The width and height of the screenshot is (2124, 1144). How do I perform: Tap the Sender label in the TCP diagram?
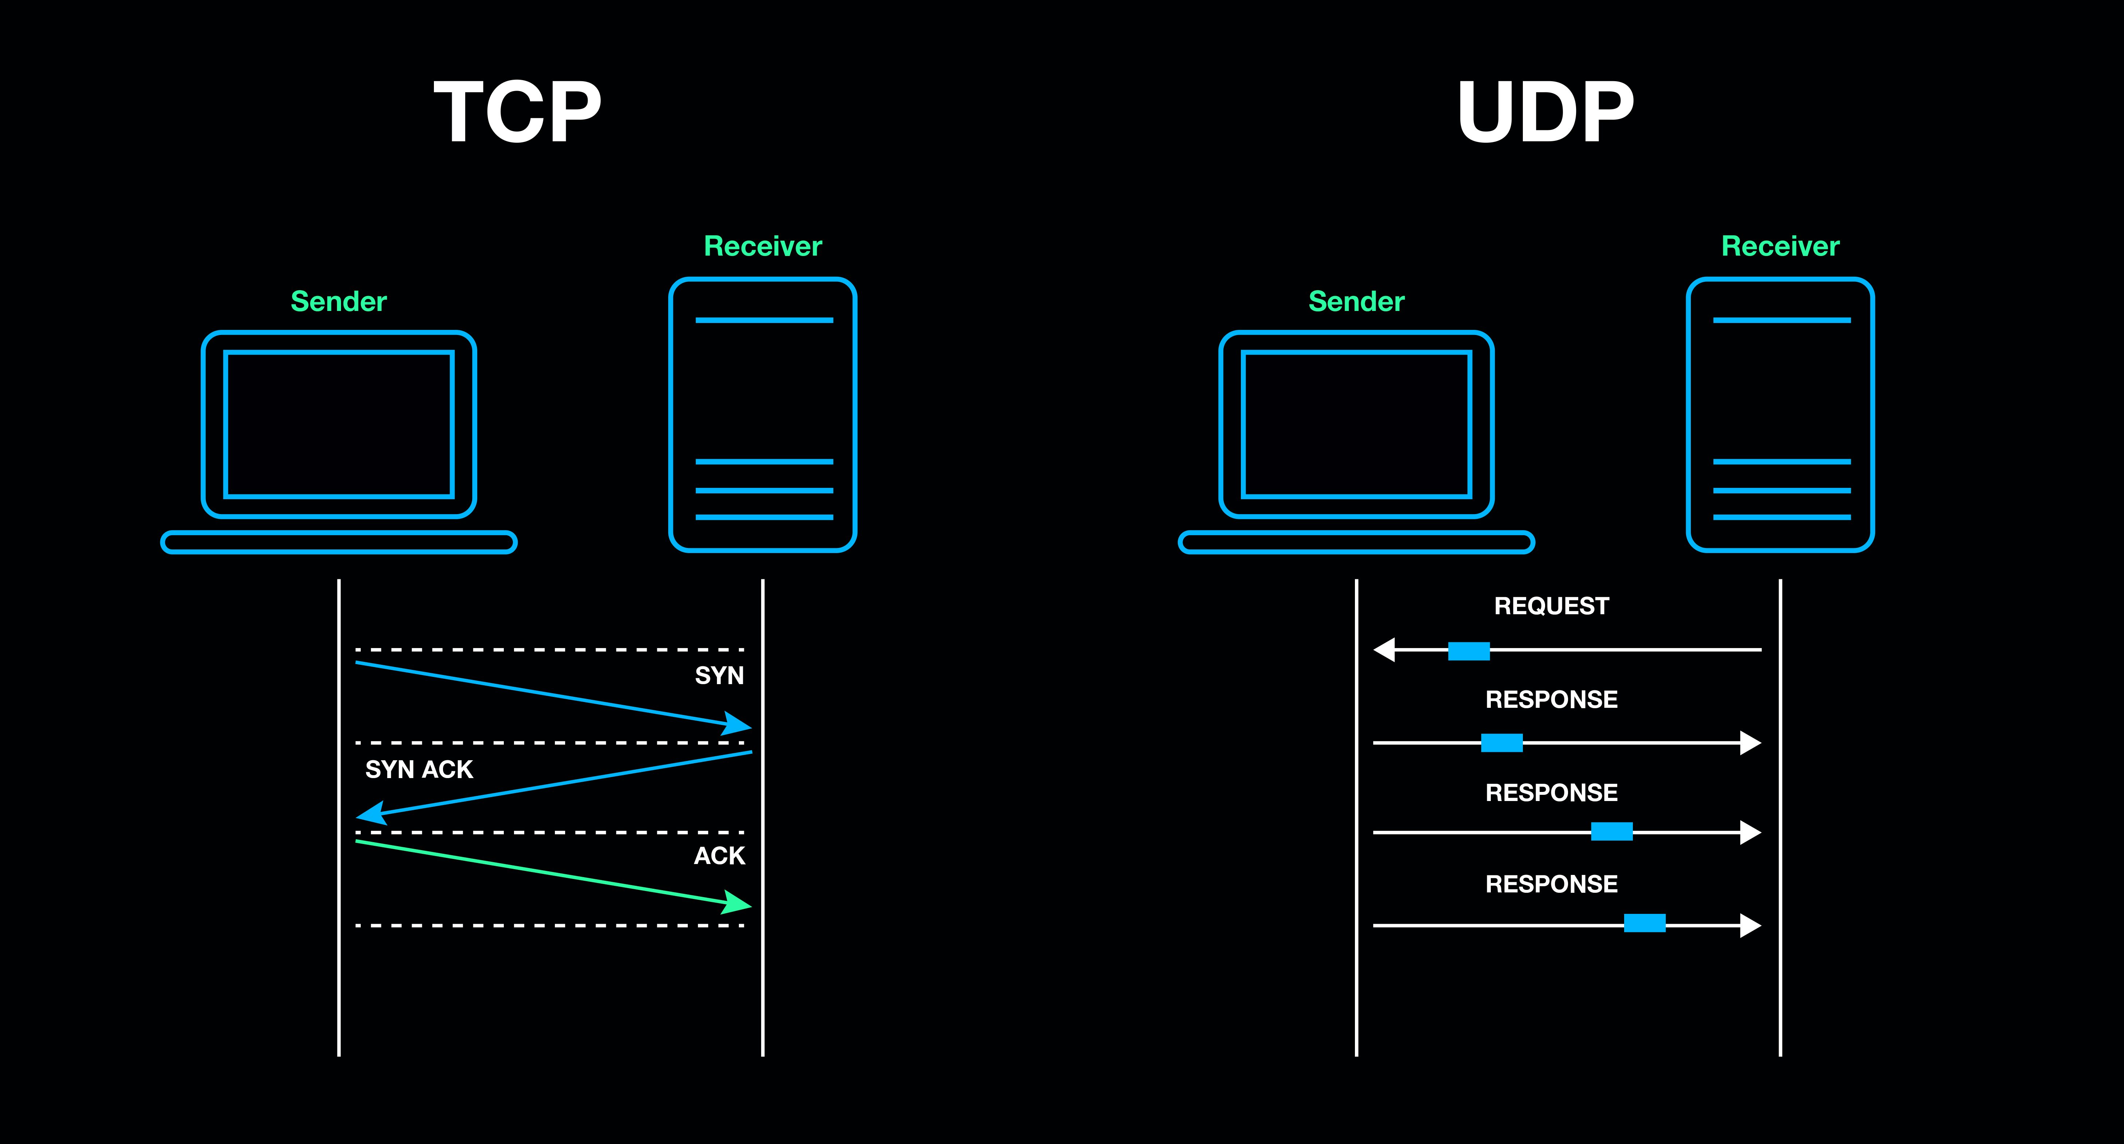[x=338, y=302]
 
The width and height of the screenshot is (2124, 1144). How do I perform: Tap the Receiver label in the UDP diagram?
[x=1780, y=246]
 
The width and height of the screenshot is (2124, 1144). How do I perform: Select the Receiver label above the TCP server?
[x=763, y=246]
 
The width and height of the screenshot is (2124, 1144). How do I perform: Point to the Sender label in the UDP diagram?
[x=1356, y=302]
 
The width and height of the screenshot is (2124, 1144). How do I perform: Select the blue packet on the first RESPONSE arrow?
[x=1501, y=743]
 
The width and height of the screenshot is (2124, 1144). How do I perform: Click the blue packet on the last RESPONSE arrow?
[x=1644, y=923]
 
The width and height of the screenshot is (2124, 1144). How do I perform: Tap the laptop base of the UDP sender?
[x=1356, y=543]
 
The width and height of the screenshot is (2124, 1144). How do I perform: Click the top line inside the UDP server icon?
[x=1781, y=320]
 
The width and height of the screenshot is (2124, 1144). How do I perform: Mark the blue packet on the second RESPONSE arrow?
[x=1611, y=832]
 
